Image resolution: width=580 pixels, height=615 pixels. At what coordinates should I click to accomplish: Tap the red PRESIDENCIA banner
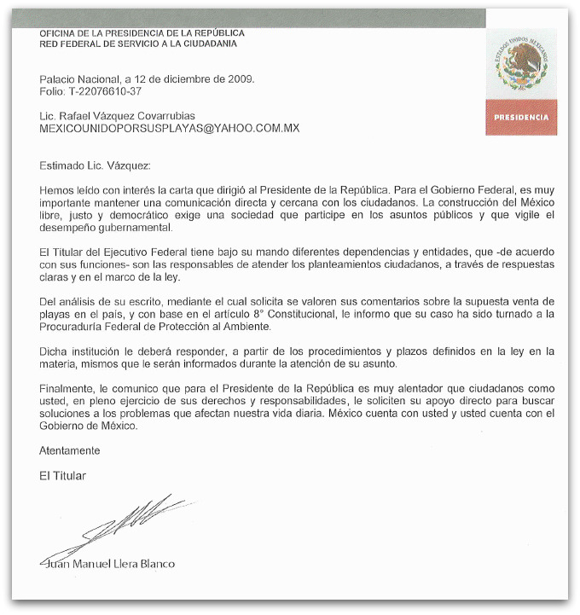pos(521,117)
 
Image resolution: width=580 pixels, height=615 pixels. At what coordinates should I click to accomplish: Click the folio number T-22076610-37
pos(102,90)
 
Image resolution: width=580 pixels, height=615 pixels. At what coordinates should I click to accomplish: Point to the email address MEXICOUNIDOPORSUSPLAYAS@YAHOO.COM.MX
pos(169,128)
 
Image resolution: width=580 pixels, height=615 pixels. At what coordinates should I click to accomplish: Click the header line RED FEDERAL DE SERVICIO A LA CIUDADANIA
pos(138,44)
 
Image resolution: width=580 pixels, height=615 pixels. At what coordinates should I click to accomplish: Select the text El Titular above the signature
pos(62,475)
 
